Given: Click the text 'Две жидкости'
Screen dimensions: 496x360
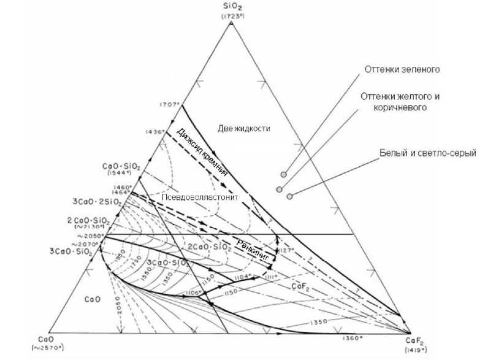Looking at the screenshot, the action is [244, 128].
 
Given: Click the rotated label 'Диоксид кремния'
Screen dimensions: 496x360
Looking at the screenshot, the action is [202, 152].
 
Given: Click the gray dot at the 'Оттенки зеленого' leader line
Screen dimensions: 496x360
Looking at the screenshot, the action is [283, 175].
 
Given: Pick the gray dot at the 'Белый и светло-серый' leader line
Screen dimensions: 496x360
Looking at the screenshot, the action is [289, 196].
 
